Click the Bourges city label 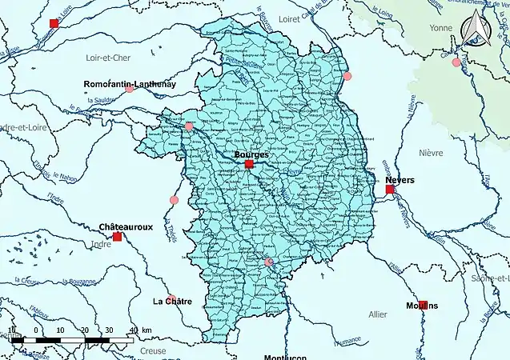[251, 154]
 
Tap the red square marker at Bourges [249, 164]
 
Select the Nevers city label [400, 180]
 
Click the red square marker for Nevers [390, 190]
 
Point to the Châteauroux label [126, 227]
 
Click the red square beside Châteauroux [118, 237]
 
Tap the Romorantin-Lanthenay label [130, 83]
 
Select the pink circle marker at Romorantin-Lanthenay [130, 90]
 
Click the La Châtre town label [172, 302]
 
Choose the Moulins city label [428, 306]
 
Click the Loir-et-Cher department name [107, 58]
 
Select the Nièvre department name [432, 151]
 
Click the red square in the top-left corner [54, 23]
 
